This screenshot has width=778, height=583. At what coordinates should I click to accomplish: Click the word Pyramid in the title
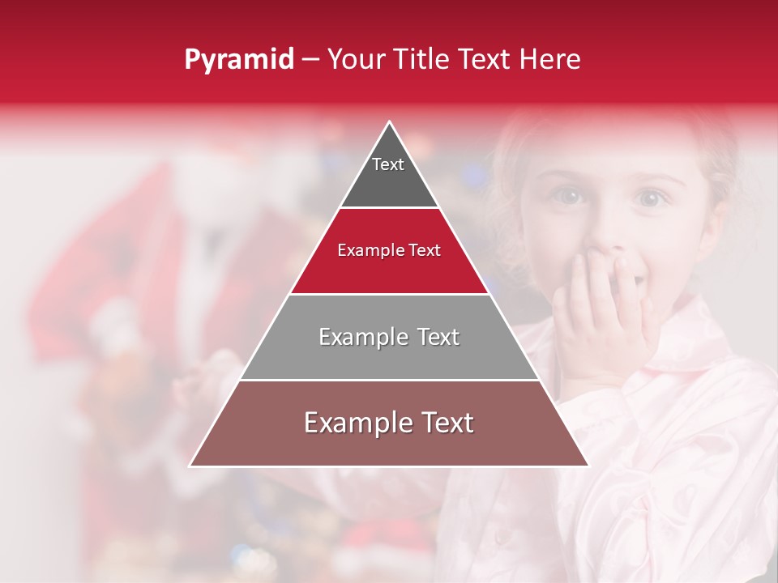point(239,60)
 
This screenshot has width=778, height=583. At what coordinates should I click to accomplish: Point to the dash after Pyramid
point(310,60)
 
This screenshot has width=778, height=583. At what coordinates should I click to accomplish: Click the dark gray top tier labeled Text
point(389,174)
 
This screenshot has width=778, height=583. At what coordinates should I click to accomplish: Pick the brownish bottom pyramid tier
point(389,437)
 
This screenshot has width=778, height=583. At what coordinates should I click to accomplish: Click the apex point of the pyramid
point(390,122)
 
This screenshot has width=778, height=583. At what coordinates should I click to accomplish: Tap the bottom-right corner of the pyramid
point(588,466)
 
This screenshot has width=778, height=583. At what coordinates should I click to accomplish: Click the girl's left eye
point(652,198)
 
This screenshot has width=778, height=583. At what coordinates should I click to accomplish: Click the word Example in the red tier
point(363,251)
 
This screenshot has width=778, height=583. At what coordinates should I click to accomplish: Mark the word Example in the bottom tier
point(353,423)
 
